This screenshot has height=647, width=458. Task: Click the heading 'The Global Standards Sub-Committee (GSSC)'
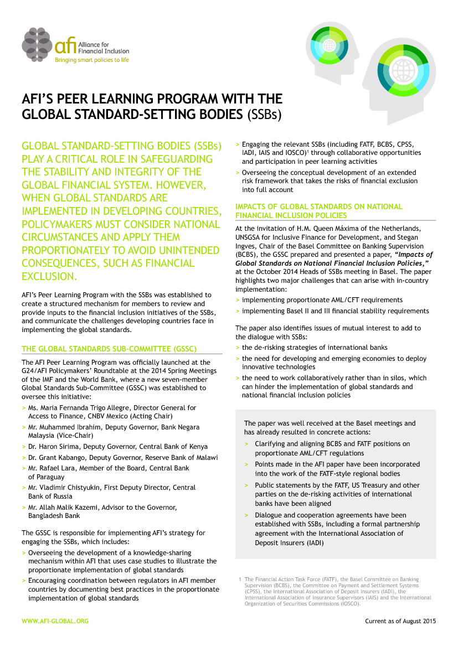coord(109,349)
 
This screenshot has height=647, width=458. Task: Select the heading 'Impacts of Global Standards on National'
coord(319,206)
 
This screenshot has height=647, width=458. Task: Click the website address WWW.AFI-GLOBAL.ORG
coord(55,621)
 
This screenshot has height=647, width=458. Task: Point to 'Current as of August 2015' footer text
coord(400,621)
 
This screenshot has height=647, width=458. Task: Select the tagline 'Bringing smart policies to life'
coord(92,60)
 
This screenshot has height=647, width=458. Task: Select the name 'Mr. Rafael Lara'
coord(53,468)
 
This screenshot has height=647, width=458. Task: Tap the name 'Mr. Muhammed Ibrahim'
coord(61,427)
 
